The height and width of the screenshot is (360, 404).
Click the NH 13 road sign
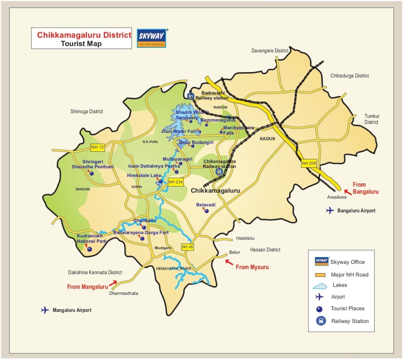pos(97,147)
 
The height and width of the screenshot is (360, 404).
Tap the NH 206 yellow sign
pos(309,163)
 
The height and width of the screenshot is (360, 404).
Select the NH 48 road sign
pos(187,247)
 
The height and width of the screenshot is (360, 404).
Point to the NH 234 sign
pos(176,182)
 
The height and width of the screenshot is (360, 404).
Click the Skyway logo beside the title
pos(151,38)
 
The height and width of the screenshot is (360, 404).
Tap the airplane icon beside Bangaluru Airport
pos(330,211)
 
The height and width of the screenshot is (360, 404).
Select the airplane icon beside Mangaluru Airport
pos(45,310)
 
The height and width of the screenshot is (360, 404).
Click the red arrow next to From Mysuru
pos(228,261)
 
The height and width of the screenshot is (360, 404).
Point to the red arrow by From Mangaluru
pos(114,283)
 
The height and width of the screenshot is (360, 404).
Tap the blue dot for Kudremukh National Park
pos(90,249)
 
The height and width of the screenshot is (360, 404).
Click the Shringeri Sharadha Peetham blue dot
pos(92,173)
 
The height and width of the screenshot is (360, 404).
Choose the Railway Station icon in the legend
pos(321,321)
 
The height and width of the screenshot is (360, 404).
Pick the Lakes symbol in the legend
pos(321,285)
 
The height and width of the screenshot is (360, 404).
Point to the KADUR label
pos(267,139)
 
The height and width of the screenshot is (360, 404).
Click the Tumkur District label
pos(371,119)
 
